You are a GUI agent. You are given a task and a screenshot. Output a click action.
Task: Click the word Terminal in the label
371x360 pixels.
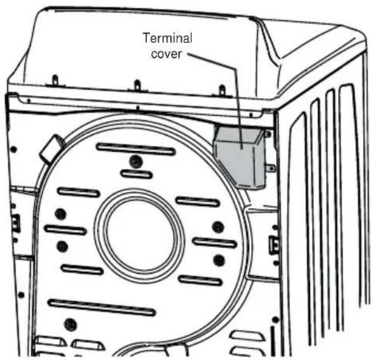tap(168, 39)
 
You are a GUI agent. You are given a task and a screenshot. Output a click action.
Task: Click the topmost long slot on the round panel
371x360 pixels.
tap(136, 149)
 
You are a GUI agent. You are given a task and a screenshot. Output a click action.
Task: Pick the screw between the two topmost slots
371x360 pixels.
tap(136, 161)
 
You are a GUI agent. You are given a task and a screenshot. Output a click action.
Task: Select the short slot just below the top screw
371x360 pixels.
tap(136, 174)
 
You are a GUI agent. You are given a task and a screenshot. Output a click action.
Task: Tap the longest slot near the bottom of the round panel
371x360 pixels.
tap(93, 307)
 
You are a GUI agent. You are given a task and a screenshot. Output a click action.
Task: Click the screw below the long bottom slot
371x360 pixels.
tap(71, 323)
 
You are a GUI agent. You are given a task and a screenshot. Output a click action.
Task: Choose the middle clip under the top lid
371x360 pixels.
tap(137, 86)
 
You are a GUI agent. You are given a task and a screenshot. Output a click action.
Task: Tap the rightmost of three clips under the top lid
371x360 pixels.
tap(222, 91)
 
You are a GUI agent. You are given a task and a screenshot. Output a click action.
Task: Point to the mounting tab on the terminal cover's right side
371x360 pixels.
tap(270, 169)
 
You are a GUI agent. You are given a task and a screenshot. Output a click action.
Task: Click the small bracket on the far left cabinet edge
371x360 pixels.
tap(15, 222)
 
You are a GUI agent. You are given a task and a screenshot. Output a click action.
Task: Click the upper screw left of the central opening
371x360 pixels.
tap(59, 214)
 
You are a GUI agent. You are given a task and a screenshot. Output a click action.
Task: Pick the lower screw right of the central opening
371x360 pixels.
tap(218, 259)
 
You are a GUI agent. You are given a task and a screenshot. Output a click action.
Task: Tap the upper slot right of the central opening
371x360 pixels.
tap(197, 201)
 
